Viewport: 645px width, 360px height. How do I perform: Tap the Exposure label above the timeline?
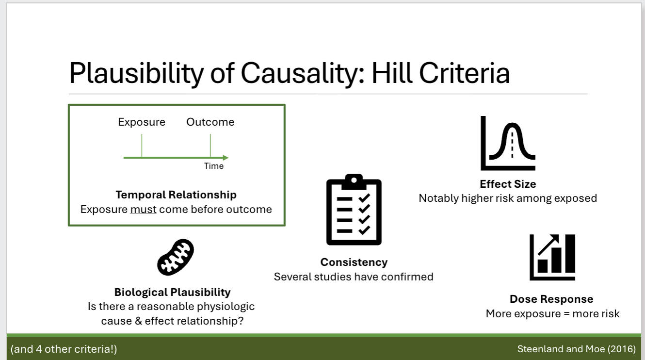(x=142, y=122)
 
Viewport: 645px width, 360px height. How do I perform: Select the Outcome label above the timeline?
(x=210, y=122)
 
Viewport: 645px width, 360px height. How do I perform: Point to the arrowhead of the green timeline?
(x=226, y=158)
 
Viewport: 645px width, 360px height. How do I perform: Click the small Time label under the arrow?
(x=214, y=166)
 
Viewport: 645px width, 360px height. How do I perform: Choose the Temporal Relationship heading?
(x=176, y=195)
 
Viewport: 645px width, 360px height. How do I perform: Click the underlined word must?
(x=143, y=210)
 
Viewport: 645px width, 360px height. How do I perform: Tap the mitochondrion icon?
(x=176, y=257)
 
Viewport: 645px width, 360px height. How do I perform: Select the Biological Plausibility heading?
(x=172, y=292)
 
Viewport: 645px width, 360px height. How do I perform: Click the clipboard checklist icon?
(x=354, y=210)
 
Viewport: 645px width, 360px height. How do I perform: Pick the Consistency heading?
(x=354, y=262)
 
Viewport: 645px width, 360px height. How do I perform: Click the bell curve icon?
(x=508, y=143)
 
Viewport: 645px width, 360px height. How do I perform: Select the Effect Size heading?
(x=508, y=184)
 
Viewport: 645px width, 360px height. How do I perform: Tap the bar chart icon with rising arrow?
(x=552, y=257)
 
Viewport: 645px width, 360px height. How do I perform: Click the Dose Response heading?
(x=551, y=299)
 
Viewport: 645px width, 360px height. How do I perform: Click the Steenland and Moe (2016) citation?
(x=576, y=349)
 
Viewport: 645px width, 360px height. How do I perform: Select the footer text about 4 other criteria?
(x=64, y=349)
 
